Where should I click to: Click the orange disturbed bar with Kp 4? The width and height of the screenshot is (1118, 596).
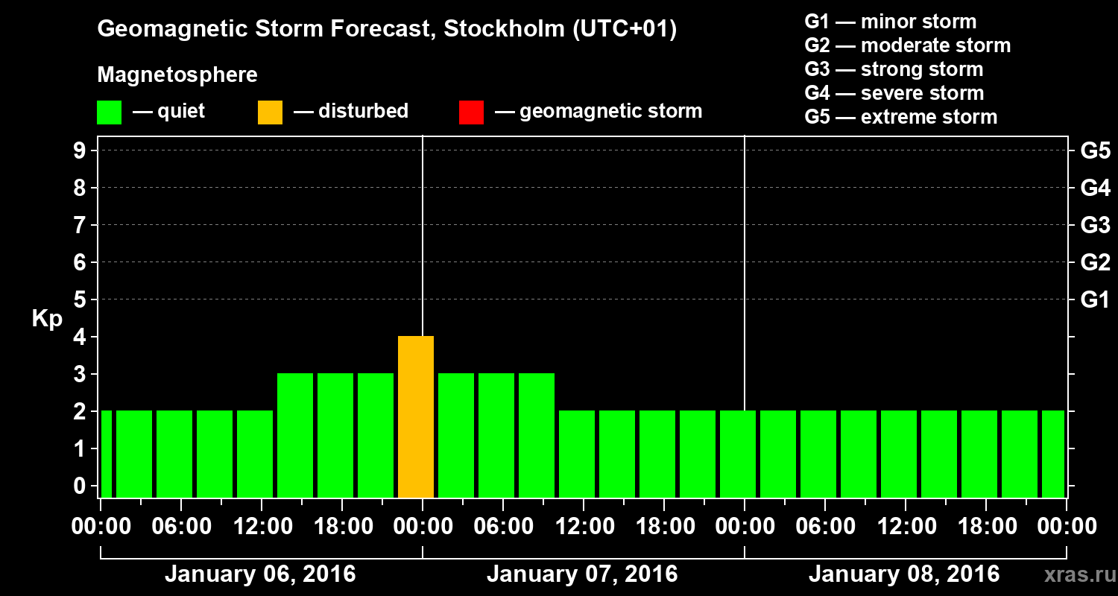[x=416, y=416]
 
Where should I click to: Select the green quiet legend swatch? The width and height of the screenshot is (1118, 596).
[x=109, y=112]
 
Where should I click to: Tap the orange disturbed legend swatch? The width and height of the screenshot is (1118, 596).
[x=270, y=112]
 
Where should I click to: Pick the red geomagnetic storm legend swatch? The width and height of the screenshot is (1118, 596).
[x=471, y=112]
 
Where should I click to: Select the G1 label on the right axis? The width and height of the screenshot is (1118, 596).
[x=1095, y=300]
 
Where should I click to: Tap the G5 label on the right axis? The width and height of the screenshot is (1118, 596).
[x=1095, y=151]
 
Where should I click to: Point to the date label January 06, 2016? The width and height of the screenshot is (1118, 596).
[x=260, y=574]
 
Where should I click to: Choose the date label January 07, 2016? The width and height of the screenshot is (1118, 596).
[x=582, y=574]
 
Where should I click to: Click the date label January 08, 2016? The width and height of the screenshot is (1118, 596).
[x=904, y=574]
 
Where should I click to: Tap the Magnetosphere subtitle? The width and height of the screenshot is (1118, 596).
[x=177, y=75]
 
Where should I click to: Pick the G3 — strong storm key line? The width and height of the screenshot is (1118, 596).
[x=894, y=69]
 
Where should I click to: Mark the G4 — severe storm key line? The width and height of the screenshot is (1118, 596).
[x=894, y=93]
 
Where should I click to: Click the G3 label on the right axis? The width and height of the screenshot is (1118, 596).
[x=1095, y=226]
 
